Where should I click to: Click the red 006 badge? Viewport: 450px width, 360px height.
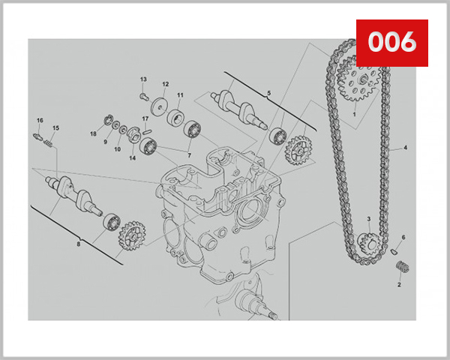tap(392, 43)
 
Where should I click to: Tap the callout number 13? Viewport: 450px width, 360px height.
tap(143, 79)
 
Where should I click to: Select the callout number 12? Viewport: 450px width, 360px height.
tap(166, 84)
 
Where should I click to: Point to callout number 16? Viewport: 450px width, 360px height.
tap(40, 120)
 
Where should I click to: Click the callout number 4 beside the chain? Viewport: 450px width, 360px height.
tap(405, 148)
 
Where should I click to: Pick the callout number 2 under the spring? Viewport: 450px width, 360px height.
tap(399, 285)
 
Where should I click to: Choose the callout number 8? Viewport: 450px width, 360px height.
tap(78, 244)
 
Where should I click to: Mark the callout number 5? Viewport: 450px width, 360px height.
tap(269, 93)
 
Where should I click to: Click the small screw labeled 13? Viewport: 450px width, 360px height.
tap(144, 97)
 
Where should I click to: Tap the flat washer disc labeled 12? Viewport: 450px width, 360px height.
tap(160, 107)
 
